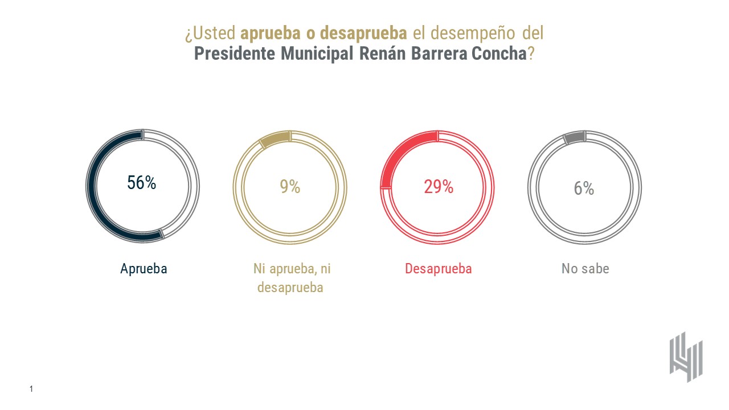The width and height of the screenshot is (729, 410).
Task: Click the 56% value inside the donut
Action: click(x=142, y=183)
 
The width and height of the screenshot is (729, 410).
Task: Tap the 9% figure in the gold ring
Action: click(x=290, y=186)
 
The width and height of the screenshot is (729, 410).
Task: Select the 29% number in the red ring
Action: click(x=438, y=186)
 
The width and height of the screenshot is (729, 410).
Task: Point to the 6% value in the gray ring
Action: click(x=584, y=188)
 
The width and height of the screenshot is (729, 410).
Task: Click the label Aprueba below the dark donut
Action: click(x=144, y=269)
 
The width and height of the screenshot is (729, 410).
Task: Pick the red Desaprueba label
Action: click(x=438, y=269)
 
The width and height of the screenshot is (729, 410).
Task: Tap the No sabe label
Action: click(x=585, y=269)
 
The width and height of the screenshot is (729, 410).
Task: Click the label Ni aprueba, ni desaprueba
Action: click(x=290, y=278)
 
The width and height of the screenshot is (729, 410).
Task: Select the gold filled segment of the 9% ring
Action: click(x=275, y=139)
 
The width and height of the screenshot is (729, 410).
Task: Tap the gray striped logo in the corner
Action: click(x=686, y=356)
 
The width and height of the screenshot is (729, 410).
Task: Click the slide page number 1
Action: click(x=31, y=389)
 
